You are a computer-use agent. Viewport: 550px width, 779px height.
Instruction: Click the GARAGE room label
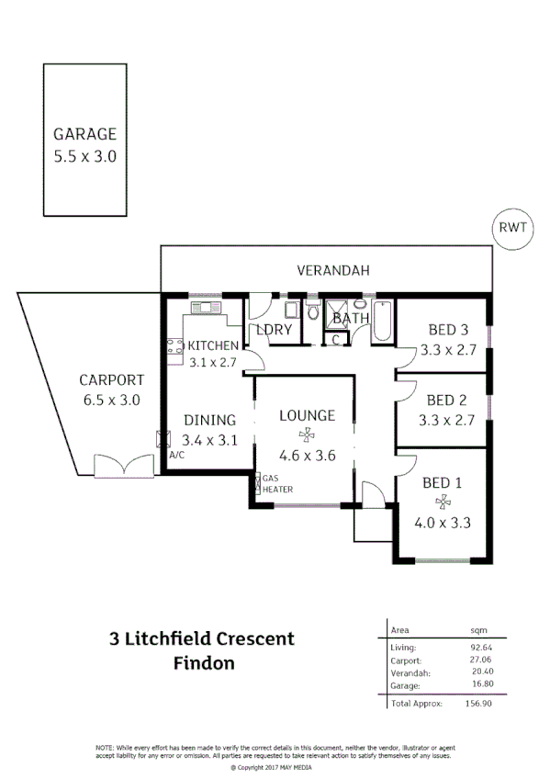tap(84, 134)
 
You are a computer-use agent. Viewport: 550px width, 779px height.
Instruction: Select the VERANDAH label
tap(332, 271)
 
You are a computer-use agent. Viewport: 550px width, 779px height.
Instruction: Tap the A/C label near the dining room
tap(177, 456)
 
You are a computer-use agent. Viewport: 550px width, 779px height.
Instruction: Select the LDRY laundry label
tap(274, 329)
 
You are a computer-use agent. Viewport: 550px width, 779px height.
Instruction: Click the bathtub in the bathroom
tap(383, 321)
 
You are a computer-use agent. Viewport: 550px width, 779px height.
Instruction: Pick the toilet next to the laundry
tap(314, 312)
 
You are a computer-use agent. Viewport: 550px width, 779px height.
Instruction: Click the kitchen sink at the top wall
tap(201, 307)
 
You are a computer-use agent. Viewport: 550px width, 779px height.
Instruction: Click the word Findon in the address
tap(204, 661)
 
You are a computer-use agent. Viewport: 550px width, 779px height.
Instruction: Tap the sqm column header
tap(479, 630)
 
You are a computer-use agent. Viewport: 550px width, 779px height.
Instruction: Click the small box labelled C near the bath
tap(336, 340)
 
